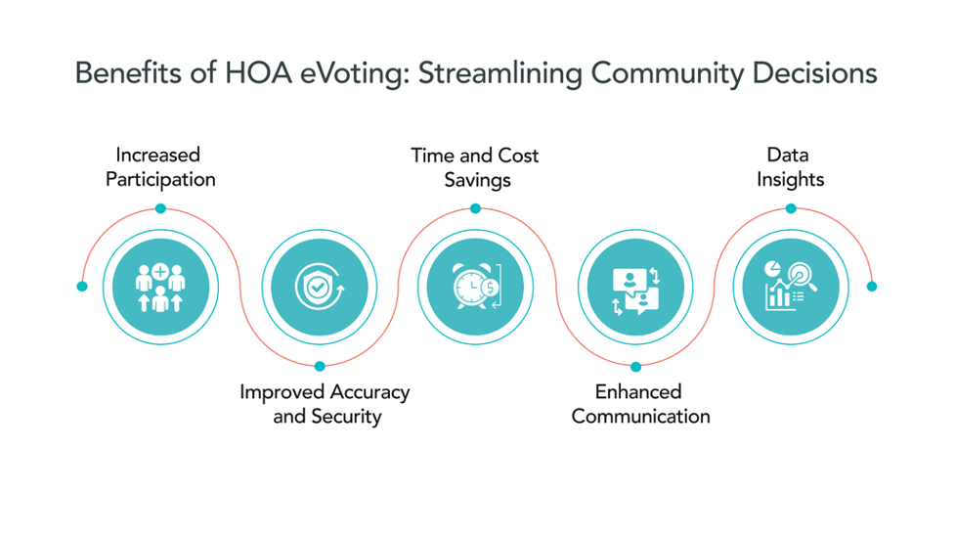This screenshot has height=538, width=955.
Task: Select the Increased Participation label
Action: click(160, 166)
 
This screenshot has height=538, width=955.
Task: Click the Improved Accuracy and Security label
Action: click(325, 403)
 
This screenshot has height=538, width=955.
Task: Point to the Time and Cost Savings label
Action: click(475, 166)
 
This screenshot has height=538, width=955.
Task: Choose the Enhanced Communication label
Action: click(640, 403)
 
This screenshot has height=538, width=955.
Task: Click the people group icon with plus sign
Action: click(160, 288)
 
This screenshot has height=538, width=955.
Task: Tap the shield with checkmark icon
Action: click(319, 288)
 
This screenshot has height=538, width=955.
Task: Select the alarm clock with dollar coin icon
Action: click(476, 288)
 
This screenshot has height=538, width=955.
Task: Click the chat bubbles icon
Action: click(635, 288)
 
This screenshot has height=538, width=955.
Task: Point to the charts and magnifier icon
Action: click(792, 288)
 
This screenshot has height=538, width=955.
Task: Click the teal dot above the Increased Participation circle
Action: click(160, 208)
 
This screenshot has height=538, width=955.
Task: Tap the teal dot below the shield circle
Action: click(320, 367)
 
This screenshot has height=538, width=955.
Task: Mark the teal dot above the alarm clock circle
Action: click(475, 208)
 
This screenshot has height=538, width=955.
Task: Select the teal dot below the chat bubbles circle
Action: click(635, 367)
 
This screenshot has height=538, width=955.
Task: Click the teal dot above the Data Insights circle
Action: click(791, 208)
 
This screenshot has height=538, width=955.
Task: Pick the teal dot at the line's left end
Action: click(82, 287)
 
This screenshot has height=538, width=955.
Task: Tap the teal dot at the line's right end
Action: click(872, 287)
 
